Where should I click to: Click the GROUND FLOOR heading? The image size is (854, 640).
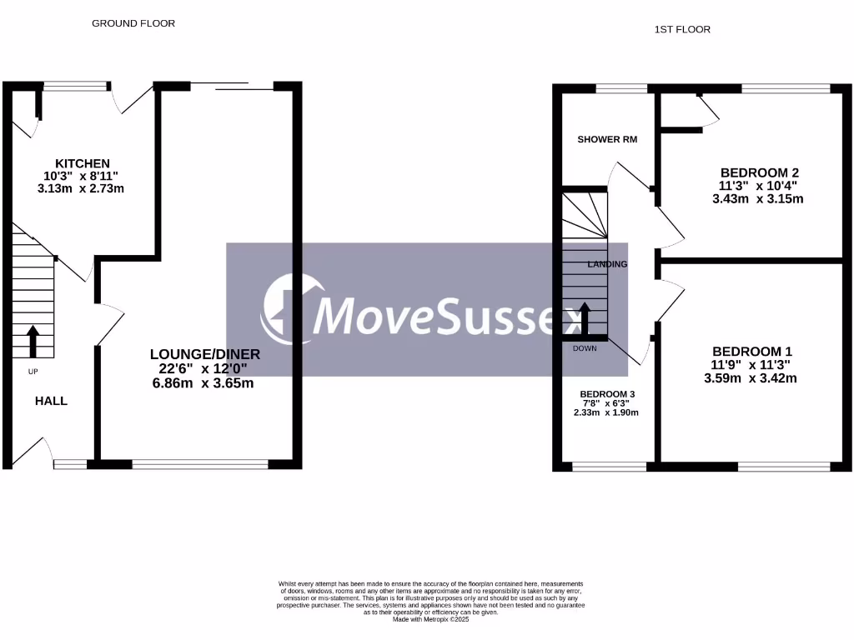tap(133, 23)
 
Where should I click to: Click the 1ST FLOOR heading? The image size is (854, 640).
tap(682, 29)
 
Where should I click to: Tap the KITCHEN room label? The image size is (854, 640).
tap(83, 162)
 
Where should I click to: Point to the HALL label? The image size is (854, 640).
tap(51, 401)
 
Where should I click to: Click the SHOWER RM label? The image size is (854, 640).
tap(607, 139)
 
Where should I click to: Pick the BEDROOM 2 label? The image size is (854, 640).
tap(759, 173)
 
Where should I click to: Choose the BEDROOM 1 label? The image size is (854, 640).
tap(746, 351)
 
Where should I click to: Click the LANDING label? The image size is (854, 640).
tap(607, 264)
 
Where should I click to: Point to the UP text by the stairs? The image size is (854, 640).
tap(33, 371)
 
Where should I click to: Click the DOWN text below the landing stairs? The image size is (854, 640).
tap(585, 348)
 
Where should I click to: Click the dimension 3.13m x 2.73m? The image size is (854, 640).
tap(83, 188)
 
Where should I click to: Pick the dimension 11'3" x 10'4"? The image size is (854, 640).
tap(758, 186)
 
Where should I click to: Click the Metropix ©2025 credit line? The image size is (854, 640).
tap(432, 618)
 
